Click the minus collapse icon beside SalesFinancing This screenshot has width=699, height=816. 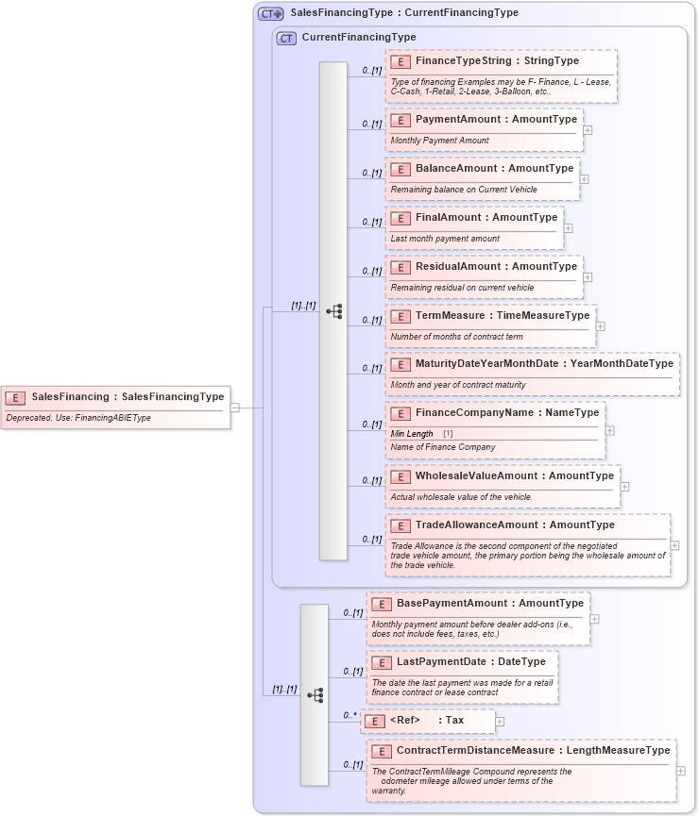coord(235,408)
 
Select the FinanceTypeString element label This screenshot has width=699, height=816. coord(497,60)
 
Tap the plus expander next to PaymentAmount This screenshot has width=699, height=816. coord(588,130)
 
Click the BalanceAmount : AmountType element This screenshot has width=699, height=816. coord(494,168)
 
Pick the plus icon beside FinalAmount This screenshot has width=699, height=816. coord(568,227)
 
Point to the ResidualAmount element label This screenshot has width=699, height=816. coord(496,266)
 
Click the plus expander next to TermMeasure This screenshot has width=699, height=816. coord(601,326)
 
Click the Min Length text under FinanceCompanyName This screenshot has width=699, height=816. coord(413,433)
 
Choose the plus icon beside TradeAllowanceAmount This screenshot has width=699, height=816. coord(674,544)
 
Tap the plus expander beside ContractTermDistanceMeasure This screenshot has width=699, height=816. coord(681,770)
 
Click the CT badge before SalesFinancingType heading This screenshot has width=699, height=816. coord(271,13)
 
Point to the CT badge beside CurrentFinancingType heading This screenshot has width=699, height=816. coord(286,38)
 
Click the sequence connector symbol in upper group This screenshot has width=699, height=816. coord(333,311)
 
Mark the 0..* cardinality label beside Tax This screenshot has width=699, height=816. coord(349,715)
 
